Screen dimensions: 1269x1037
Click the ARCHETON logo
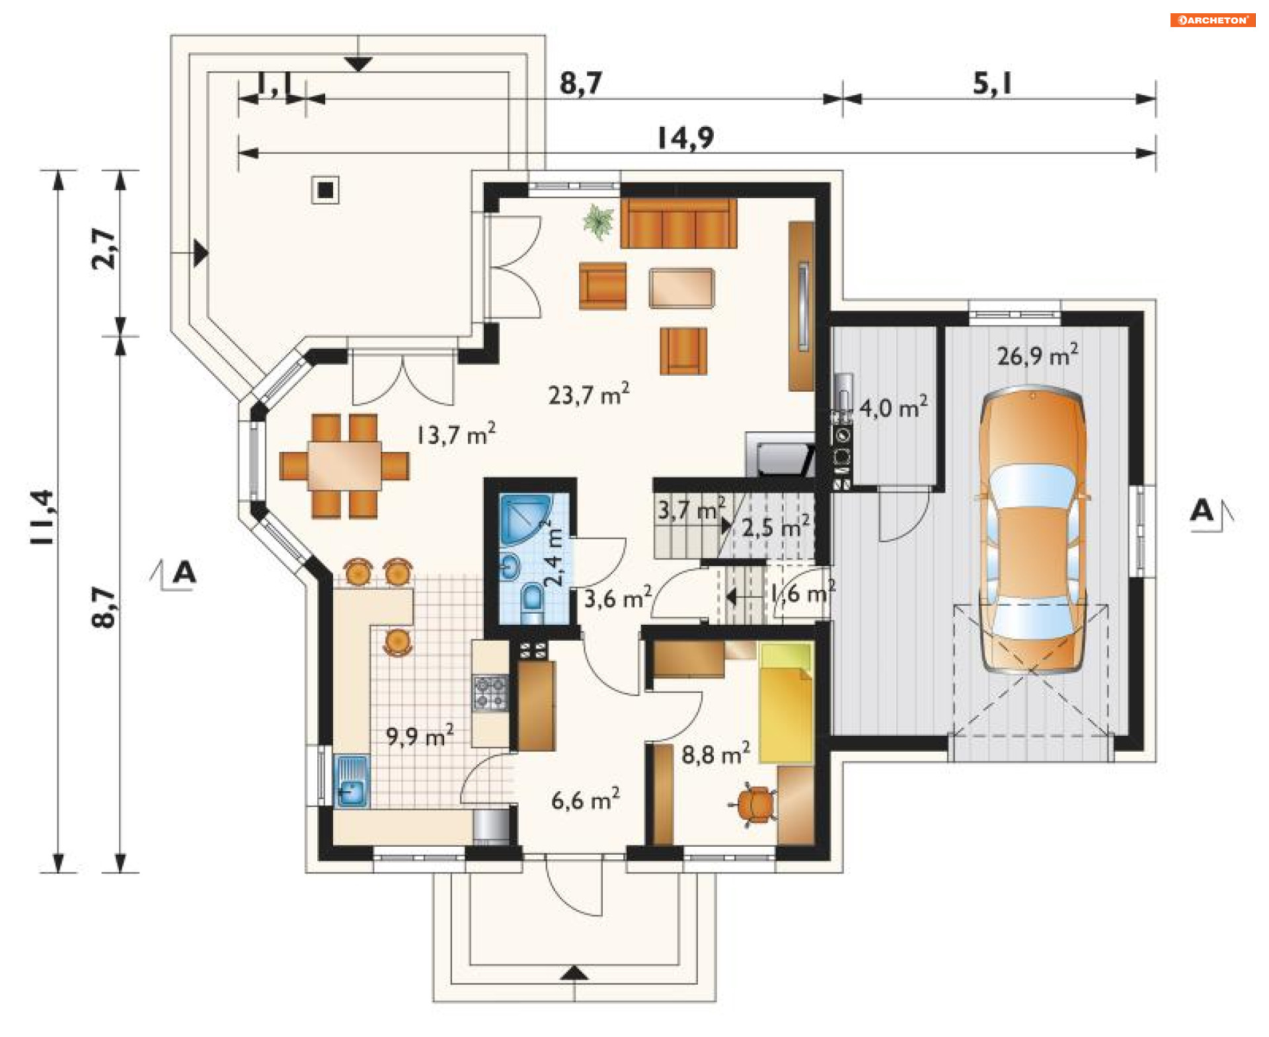coord(1212,20)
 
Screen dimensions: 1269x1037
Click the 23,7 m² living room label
coord(588,394)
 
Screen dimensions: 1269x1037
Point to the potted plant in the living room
coord(599,221)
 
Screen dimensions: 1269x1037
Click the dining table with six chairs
coord(344,466)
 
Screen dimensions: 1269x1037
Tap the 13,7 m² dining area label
coord(456,434)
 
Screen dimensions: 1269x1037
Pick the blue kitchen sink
coord(352,781)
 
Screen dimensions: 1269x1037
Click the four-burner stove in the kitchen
coord(490,692)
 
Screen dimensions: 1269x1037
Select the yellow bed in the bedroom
coord(786,702)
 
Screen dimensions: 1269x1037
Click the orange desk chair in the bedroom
coord(754,805)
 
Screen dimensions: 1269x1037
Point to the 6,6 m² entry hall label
coord(586,799)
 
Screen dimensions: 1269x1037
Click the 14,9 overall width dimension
coord(686,137)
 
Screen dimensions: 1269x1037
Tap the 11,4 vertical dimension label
coord(42,517)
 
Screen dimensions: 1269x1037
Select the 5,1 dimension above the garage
coord(992,83)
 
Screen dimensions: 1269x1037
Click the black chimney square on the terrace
coord(325,190)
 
